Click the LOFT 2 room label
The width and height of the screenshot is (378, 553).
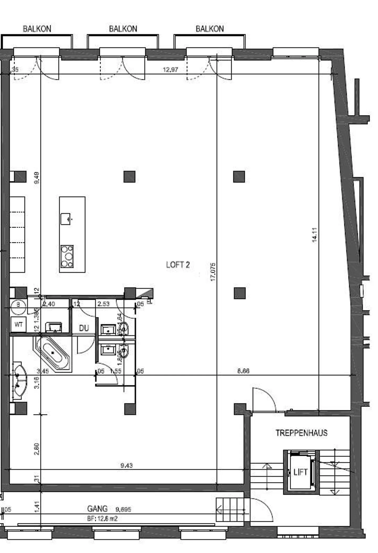[x=178, y=265]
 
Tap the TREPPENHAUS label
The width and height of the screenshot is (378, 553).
[x=301, y=433]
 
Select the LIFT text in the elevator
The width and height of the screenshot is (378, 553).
[x=300, y=472]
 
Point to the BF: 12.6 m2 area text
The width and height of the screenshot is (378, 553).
[x=102, y=519]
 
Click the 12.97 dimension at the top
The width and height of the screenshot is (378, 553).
[x=170, y=70]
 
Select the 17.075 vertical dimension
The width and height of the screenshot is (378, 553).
[x=213, y=272]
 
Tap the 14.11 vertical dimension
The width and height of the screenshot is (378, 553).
[x=315, y=235]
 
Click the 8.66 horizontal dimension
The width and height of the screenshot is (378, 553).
[x=243, y=371]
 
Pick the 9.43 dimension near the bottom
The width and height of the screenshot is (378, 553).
[x=127, y=466]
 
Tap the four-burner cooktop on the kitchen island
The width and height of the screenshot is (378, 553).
[x=67, y=256]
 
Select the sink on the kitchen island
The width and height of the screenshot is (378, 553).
[x=66, y=219]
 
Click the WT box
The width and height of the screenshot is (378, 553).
[x=18, y=325]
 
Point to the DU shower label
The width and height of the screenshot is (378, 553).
[x=84, y=328]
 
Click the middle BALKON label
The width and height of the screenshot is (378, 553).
[x=123, y=29]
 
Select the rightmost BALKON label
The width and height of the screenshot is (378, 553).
[x=209, y=29]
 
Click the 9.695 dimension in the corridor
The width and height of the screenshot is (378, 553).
[x=123, y=510]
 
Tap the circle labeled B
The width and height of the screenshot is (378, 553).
[x=18, y=305]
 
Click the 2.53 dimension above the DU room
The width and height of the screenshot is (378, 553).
[x=103, y=304]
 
